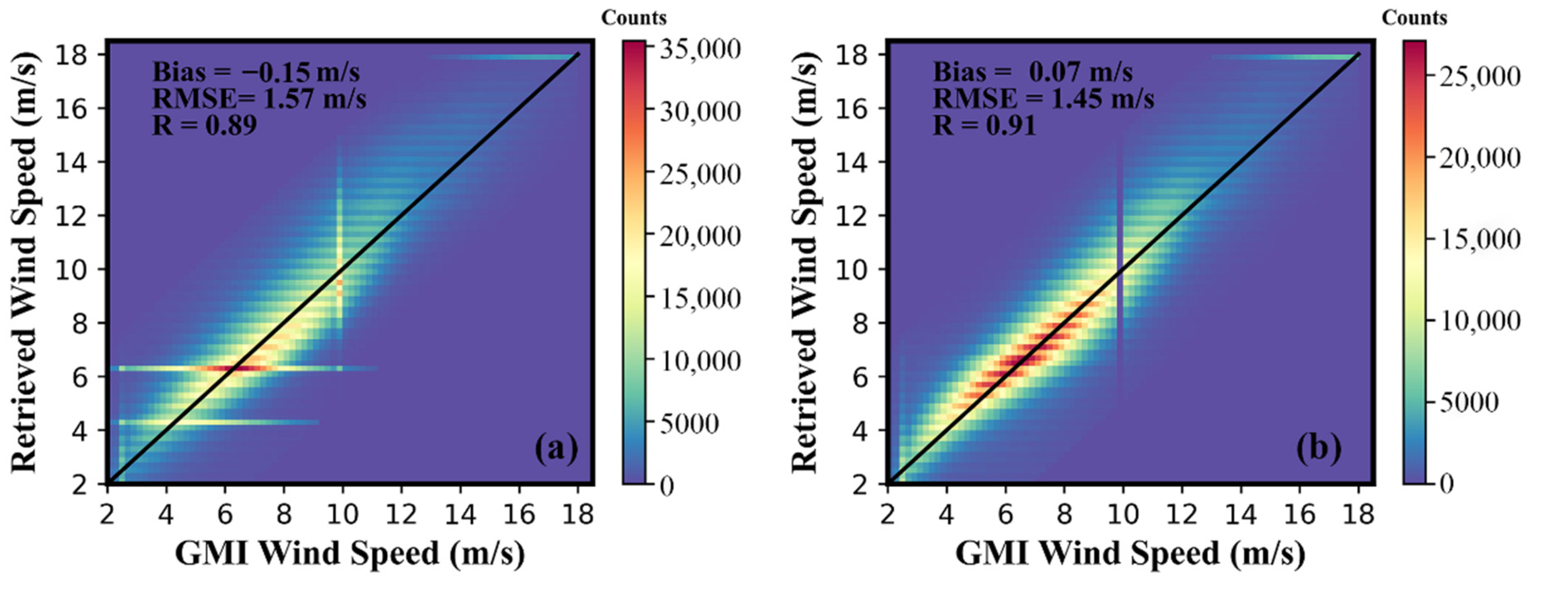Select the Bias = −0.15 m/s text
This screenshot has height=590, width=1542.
256,72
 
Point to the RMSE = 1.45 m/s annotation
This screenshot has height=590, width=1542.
1044,99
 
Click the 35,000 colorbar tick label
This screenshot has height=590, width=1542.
700,49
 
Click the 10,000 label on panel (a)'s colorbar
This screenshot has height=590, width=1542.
700,361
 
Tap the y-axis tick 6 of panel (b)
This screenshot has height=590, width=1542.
860,377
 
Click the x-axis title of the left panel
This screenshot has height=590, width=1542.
350,553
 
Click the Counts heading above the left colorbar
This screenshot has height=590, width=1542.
633,18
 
